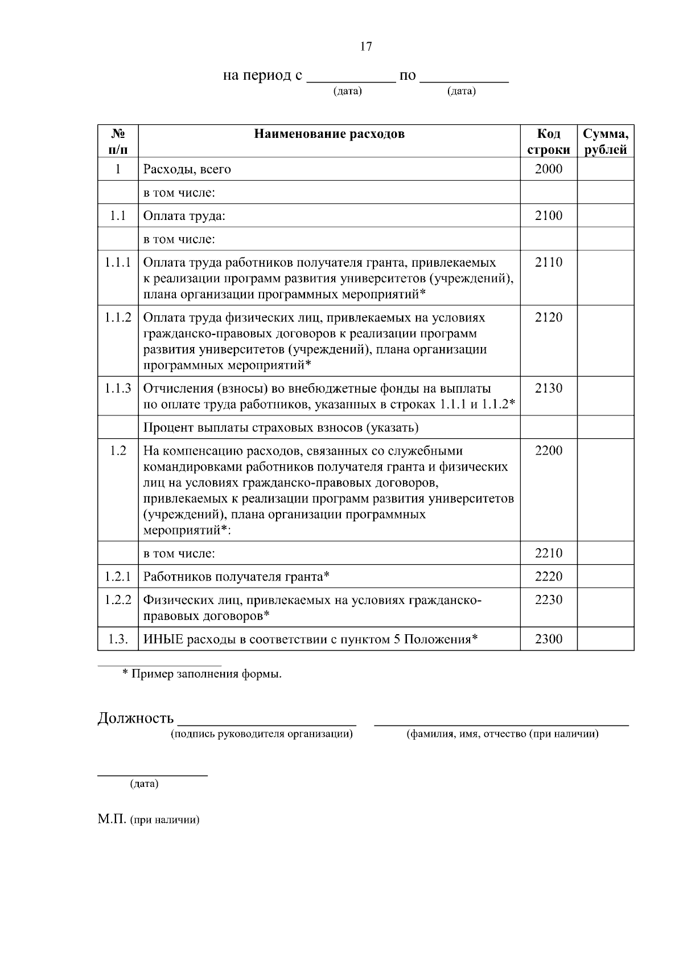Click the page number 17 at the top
(x=366, y=47)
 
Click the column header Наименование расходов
(x=329, y=134)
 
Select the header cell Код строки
(x=548, y=142)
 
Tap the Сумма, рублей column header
(x=605, y=142)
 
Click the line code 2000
(x=548, y=169)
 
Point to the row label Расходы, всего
(x=187, y=170)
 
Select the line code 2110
(x=548, y=263)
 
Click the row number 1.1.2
(x=118, y=317)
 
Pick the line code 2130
(x=548, y=389)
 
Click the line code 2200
(x=548, y=451)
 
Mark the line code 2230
(x=548, y=600)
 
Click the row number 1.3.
(x=118, y=639)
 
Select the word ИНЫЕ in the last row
(x=163, y=639)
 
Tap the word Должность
(x=135, y=718)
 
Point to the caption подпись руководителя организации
(x=262, y=735)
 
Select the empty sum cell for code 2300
(x=605, y=639)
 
